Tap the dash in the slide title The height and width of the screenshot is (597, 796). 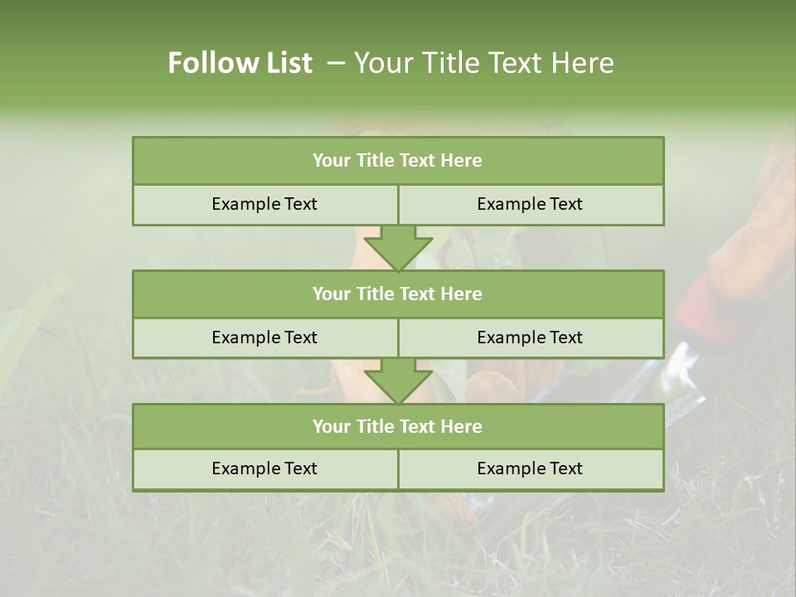pyautogui.click(x=336, y=63)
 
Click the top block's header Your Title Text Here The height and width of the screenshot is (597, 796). pyautogui.click(x=397, y=161)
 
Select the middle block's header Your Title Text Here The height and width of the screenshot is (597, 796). pyautogui.click(x=397, y=294)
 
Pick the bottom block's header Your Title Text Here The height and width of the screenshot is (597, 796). pyautogui.click(x=397, y=426)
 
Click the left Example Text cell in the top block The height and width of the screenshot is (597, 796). pyautogui.click(x=265, y=204)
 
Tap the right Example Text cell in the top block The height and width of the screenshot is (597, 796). pyautogui.click(x=530, y=204)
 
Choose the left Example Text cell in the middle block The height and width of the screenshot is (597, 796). pyautogui.click(x=265, y=337)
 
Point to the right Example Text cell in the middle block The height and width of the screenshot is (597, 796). pyautogui.click(x=530, y=337)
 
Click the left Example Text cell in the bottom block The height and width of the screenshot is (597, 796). pyautogui.click(x=265, y=468)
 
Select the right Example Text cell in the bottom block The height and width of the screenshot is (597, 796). pyautogui.click(x=530, y=468)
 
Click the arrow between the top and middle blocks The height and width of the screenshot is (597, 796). pyautogui.click(x=398, y=249)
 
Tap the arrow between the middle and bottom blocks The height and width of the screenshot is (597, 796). pyautogui.click(x=398, y=381)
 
